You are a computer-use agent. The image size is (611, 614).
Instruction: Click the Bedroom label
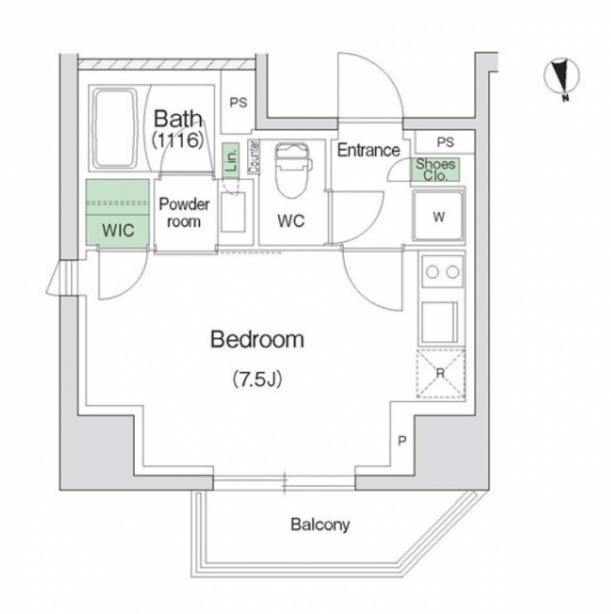tap(257, 339)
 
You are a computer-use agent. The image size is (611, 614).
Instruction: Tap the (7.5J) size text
tap(257, 379)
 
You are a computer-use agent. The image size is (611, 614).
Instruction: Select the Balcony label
tap(320, 525)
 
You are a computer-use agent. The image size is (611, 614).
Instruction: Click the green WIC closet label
tap(118, 230)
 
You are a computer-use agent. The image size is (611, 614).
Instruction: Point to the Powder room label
tap(184, 213)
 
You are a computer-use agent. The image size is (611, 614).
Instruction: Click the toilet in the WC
tap(293, 170)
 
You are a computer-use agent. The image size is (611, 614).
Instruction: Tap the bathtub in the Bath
tap(115, 129)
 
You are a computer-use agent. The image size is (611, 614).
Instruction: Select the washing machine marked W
tap(439, 216)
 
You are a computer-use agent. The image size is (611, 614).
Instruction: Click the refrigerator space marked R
tap(441, 374)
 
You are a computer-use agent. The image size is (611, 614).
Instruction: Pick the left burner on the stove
tap(433, 271)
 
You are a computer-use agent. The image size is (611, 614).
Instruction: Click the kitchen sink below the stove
tap(439, 322)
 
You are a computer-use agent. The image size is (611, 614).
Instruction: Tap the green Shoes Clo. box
tap(435, 169)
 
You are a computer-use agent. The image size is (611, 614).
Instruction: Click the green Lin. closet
tap(231, 158)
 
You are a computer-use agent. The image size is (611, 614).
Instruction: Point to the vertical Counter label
tap(254, 157)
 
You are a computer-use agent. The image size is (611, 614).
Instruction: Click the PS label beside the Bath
tap(239, 102)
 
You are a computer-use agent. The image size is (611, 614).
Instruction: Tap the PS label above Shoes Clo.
tap(445, 143)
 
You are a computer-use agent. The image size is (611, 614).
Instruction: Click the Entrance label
tap(368, 150)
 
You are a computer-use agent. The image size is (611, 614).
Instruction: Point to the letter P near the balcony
tap(402, 441)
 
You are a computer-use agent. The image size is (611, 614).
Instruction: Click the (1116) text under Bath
tap(178, 140)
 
